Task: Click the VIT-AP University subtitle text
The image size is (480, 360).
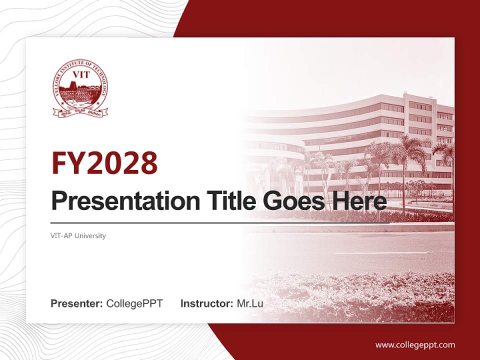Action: (78, 235)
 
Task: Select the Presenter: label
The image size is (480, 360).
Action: (77, 303)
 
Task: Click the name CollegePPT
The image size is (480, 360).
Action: (134, 303)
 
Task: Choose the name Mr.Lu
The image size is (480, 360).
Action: (250, 303)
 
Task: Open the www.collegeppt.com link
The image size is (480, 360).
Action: (415, 344)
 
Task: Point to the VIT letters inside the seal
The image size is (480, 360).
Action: (80, 75)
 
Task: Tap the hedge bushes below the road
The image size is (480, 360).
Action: (350, 295)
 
